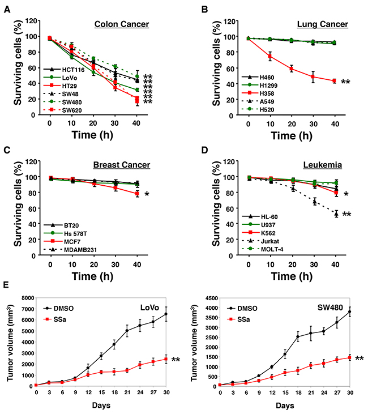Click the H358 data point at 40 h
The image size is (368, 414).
(x=334, y=81)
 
